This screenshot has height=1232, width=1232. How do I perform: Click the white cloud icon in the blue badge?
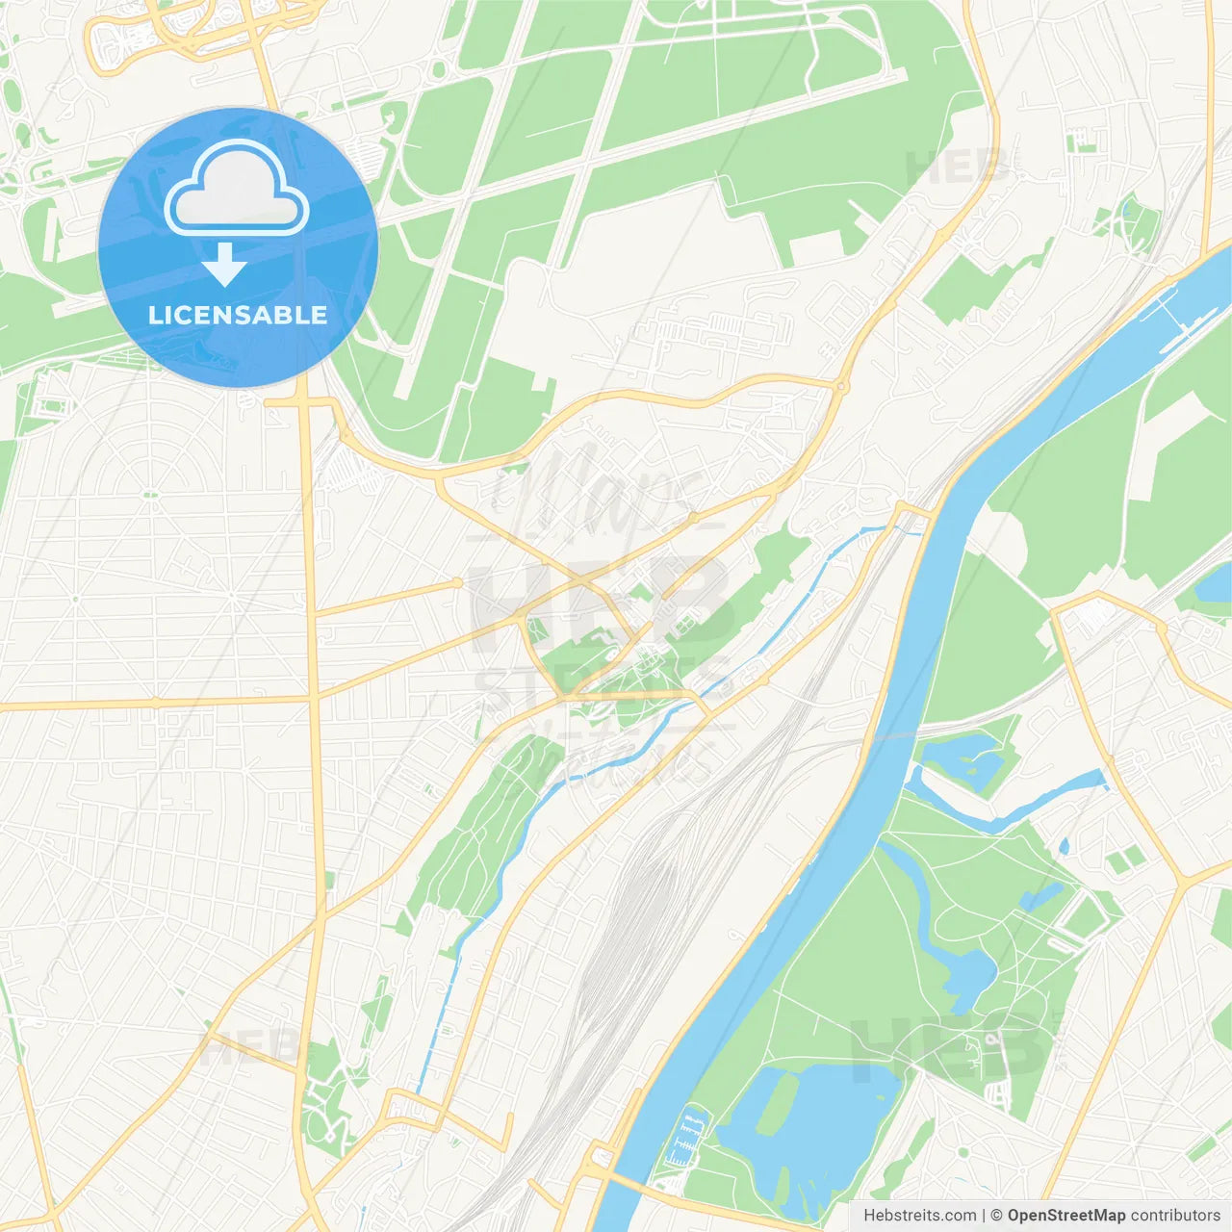tap(237, 189)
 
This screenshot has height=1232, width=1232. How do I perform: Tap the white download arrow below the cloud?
tap(224, 265)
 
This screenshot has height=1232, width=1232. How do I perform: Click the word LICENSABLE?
tap(237, 315)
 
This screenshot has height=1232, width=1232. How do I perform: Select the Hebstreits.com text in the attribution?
tap(919, 1216)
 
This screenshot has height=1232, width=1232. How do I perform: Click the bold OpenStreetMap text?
tap(1065, 1216)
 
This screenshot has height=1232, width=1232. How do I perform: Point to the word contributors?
tap(1174, 1216)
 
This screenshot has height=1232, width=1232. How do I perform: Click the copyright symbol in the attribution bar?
tap(996, 1216)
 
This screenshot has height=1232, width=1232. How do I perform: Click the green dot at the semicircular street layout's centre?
tap(151, 495)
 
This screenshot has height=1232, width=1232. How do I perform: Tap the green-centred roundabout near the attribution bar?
tap(962, 1151)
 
